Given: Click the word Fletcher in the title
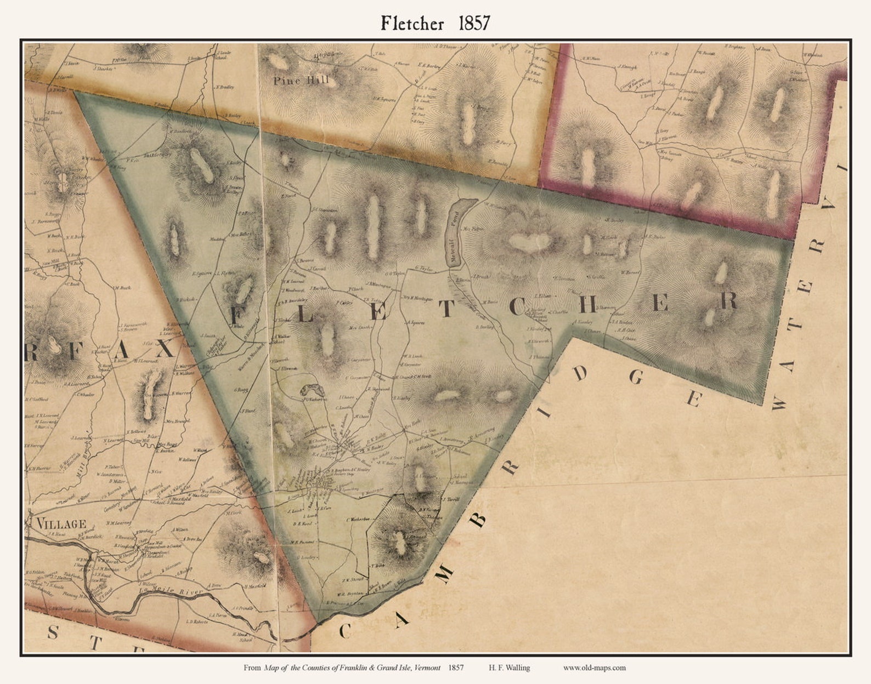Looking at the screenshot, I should [413, 23].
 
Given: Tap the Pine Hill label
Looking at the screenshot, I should [301, 81].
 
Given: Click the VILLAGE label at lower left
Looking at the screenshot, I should [61, 523].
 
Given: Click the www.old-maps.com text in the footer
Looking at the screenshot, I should [594, 668].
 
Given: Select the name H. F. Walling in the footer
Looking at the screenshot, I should [509, 668].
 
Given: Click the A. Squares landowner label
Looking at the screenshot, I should [417, 323].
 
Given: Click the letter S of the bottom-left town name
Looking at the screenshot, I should [52, 634].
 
